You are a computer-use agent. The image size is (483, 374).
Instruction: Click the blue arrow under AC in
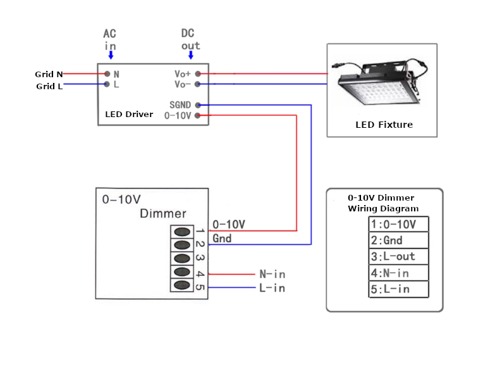point(111,55)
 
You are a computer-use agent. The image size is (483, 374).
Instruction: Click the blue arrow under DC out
point(191,55)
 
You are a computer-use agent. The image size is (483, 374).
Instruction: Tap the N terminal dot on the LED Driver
point(107,73)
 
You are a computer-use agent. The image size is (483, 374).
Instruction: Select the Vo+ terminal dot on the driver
point(198,73)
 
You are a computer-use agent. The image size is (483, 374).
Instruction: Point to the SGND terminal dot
point(198,105)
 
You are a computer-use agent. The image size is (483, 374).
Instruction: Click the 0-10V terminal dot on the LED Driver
point(198,115)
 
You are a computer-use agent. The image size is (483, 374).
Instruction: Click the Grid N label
point(49,74)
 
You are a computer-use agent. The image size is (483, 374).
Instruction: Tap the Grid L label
point(49,86)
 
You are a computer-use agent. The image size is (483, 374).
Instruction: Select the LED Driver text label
point(129,115)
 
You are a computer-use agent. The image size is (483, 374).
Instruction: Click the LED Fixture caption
point(384,125)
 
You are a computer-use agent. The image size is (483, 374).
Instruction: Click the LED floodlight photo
point(380,82)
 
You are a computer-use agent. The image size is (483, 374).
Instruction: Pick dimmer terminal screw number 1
point(182,232)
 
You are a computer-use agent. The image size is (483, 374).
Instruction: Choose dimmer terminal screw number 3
point(182,258)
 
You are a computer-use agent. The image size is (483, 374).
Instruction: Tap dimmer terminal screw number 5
point(182,285)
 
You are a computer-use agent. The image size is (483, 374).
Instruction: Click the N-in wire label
point(272,274)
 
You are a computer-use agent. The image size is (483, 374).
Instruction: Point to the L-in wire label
point(272,288)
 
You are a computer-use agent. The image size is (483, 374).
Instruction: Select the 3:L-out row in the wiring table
point(398,256)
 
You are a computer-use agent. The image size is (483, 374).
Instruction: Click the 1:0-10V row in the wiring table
point(398,224)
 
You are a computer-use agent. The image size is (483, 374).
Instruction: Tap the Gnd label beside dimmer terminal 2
point(222,239)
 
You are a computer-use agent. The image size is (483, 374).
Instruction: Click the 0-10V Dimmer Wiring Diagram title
point(383,203)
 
